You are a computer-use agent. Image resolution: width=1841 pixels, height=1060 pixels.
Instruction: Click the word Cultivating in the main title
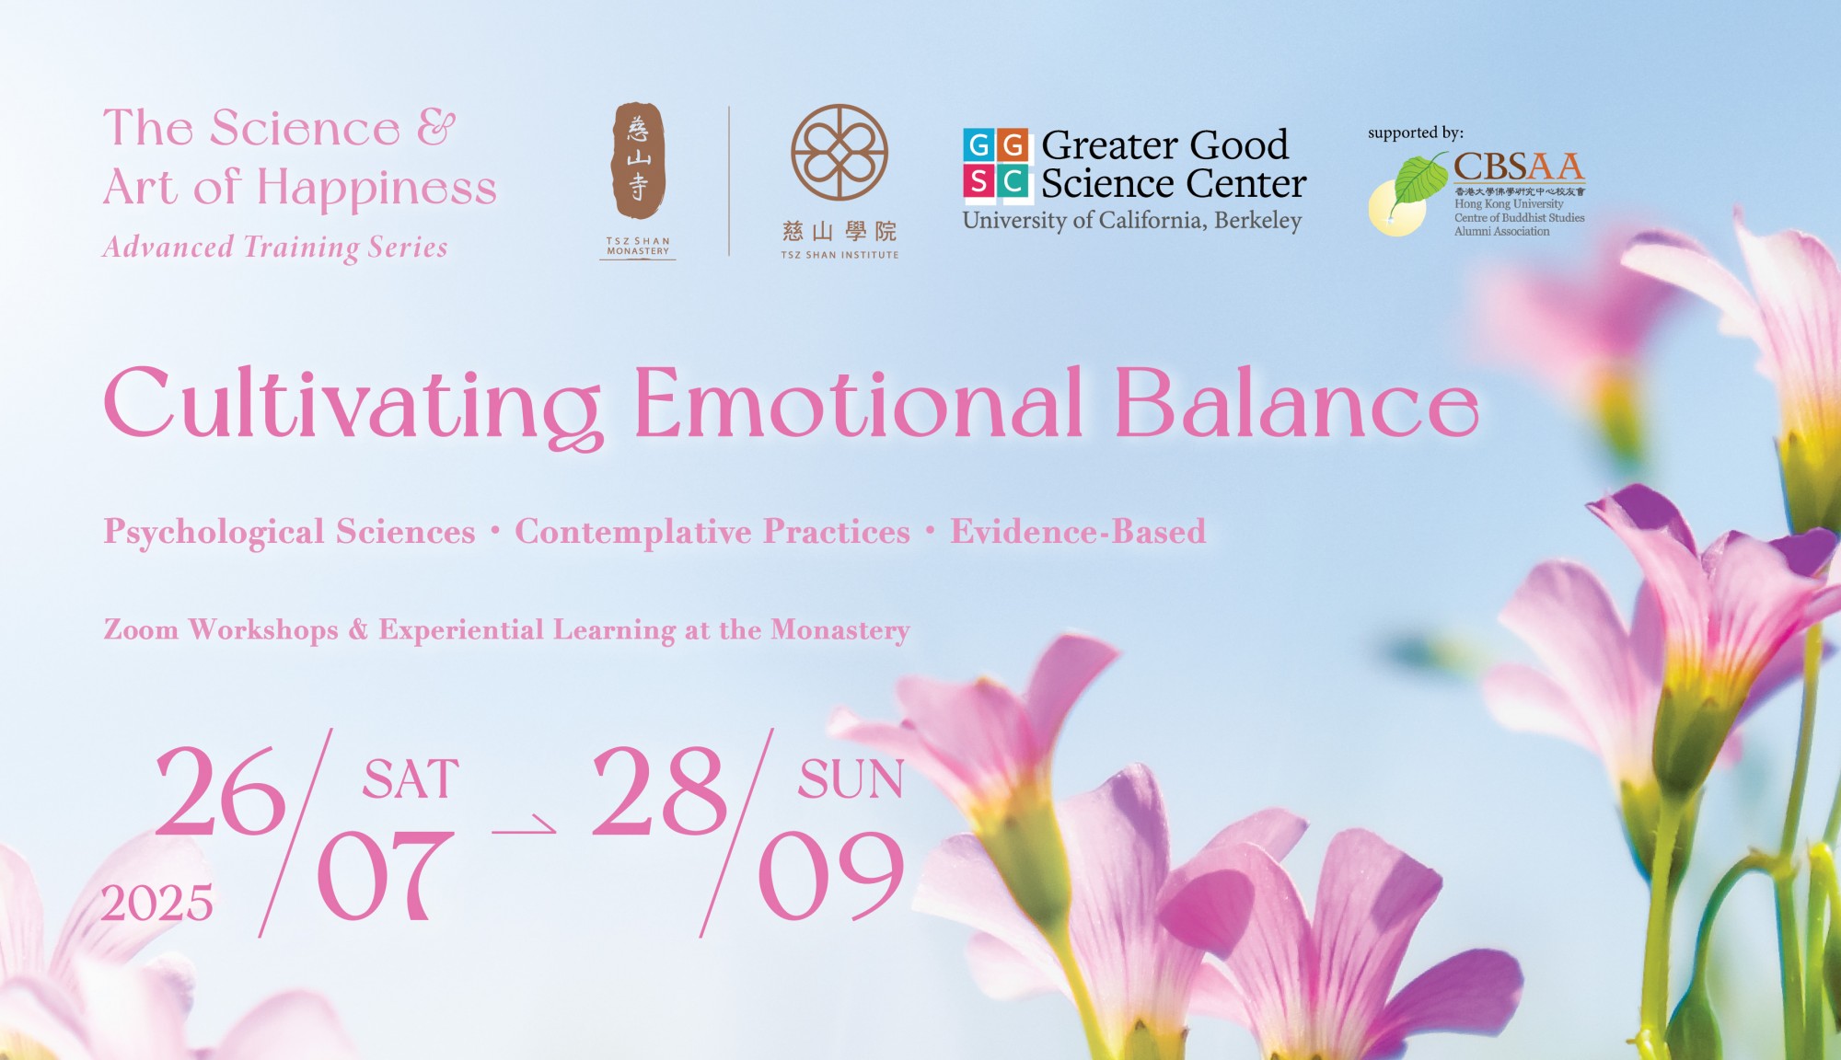coord(353,406)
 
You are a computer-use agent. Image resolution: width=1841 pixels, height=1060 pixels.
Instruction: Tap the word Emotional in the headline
coord(858,402)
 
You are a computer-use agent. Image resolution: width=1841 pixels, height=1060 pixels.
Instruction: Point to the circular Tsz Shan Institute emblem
coord(839,153)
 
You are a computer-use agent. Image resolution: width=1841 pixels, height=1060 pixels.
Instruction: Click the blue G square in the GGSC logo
coord(979,145)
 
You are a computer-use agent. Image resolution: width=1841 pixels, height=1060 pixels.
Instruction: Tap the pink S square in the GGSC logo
coord(979,181)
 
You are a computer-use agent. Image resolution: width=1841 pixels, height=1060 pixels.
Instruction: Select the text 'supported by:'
coord(1416,132)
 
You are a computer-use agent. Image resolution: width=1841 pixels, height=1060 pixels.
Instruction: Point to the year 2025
coord(156,903)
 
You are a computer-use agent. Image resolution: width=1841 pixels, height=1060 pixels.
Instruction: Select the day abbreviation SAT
coord(411,780)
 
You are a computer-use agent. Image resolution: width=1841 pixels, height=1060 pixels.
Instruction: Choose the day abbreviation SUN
coord(851,780)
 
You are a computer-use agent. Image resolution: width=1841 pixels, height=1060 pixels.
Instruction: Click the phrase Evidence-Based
coord(1078,531)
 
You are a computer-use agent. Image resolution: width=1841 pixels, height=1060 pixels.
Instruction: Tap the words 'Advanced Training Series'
coord(275,247)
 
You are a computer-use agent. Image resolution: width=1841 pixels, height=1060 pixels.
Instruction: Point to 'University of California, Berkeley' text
coord(1132,221)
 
